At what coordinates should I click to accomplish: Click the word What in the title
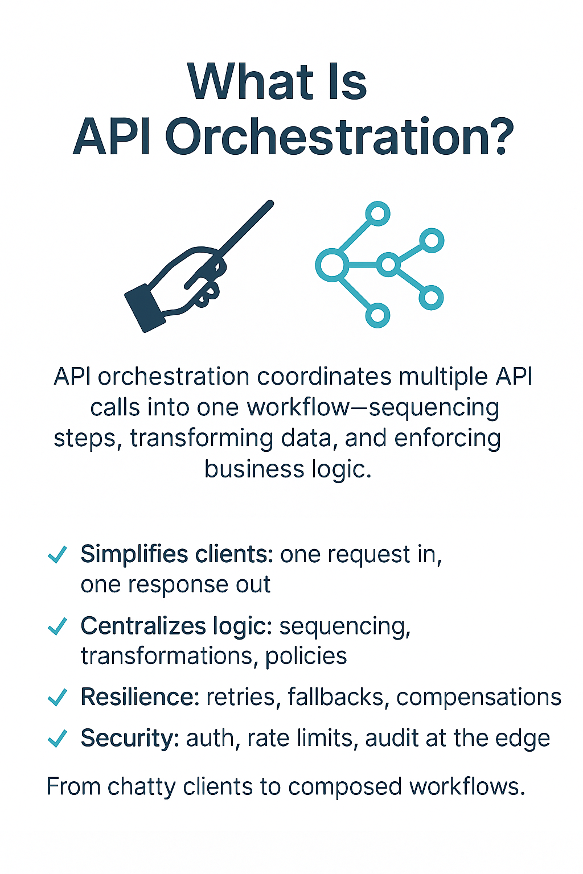click(251, 82)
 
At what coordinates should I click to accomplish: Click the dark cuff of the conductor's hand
click(144, 308)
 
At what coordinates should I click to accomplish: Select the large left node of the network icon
click(331, 265)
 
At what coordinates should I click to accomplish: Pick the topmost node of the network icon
click(377, 214)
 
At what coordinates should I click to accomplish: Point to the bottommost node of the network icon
click(377, 315)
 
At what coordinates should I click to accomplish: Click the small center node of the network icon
click(388, 265)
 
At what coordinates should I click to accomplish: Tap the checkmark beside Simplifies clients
click(58, 554)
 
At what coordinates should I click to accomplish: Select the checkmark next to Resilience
click(58, 697)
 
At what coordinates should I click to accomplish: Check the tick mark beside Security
click(58, 738)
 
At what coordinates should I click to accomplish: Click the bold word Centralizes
click(142, 626)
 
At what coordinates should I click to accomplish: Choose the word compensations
click(479, 697)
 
